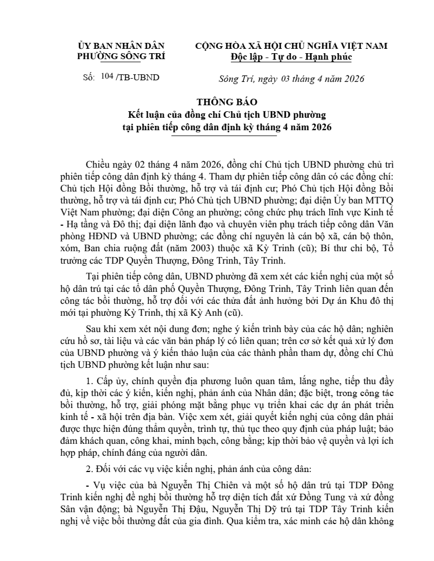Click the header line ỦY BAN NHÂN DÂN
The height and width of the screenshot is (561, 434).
121,46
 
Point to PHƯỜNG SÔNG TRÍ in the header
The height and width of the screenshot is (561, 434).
121,56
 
